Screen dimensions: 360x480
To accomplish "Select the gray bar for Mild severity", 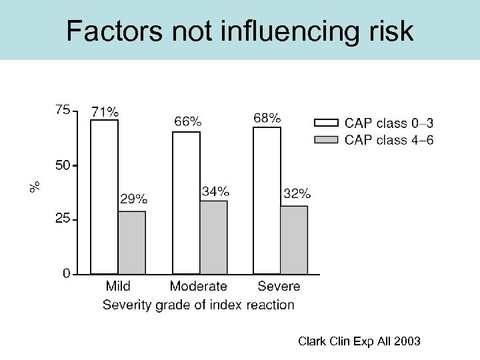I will pyautogui.click(x=132, y=243).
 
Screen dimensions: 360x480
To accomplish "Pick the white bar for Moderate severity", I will pyautogui.click(x=186, y=203).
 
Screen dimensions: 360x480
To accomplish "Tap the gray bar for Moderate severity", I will pyautogui.click(x=214, y=237).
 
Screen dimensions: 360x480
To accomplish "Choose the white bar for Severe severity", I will pyautogui.click(x=267, y=200).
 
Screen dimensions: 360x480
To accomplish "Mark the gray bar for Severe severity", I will pyautogui.click(x=294, y=240).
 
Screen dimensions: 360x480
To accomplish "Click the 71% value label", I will pyautogui.click(x=105, y=111).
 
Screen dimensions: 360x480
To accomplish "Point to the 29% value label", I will pyautogui.click(x=133, y=198).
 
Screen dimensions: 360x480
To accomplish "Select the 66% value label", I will pyautogui.click(x=187, y=121).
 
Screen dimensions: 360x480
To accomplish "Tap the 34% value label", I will pyautogui.click(x=215, y=191).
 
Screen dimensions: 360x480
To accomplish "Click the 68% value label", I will pyautogui.click(x=267, y=118).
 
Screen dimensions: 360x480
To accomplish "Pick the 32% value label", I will pyautogui.click(x=297, y=194).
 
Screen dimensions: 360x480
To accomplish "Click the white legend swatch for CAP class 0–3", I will pyautogui.click(x=326, y=123).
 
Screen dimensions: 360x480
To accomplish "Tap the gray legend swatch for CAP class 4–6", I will pyautogui.click(x=326, y=139).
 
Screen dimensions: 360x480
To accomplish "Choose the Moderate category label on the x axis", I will pyautogui.click(x=198, y=287).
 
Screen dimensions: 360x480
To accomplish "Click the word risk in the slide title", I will pyautogui.click(x=388, y=31).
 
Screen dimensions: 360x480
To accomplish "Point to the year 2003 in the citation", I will pyautogui.click(x=407, y=341).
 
